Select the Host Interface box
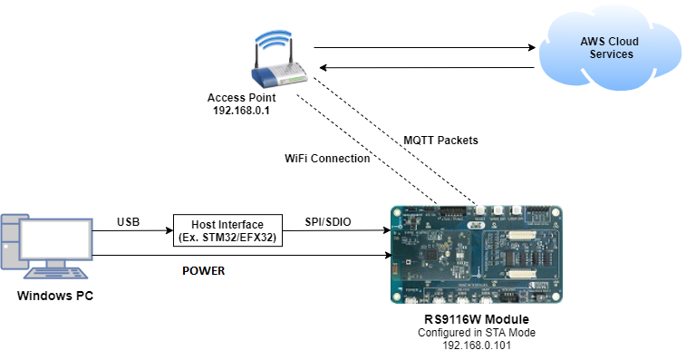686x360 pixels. (226, 231)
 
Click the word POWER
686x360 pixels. (203, 270)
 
